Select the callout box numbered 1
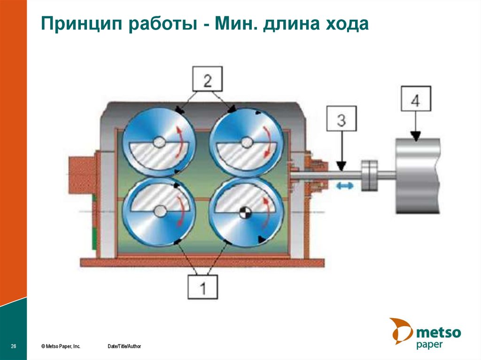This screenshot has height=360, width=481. point(203,286)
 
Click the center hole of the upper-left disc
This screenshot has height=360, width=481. point(159,141)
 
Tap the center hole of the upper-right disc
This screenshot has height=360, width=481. point(246,141)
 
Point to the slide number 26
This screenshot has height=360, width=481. point(14,346)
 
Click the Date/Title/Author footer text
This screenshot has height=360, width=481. point(124,346)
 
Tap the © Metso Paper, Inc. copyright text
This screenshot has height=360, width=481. point(61,346)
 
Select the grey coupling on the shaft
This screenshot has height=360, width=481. point(369,176)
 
